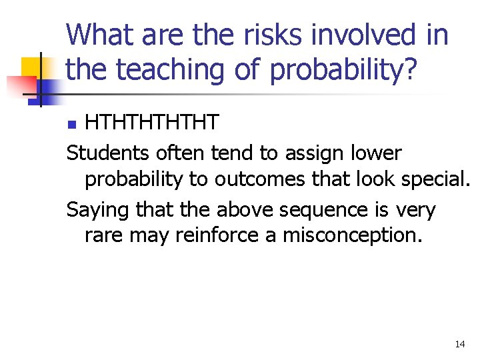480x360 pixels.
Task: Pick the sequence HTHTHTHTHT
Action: (151, 123)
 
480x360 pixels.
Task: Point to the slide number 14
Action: (459, 344)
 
